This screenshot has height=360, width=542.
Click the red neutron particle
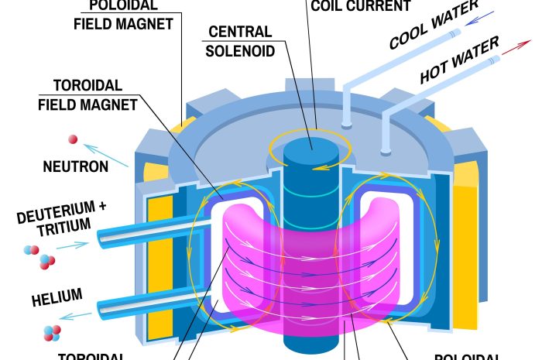click(x=73, y=139)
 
